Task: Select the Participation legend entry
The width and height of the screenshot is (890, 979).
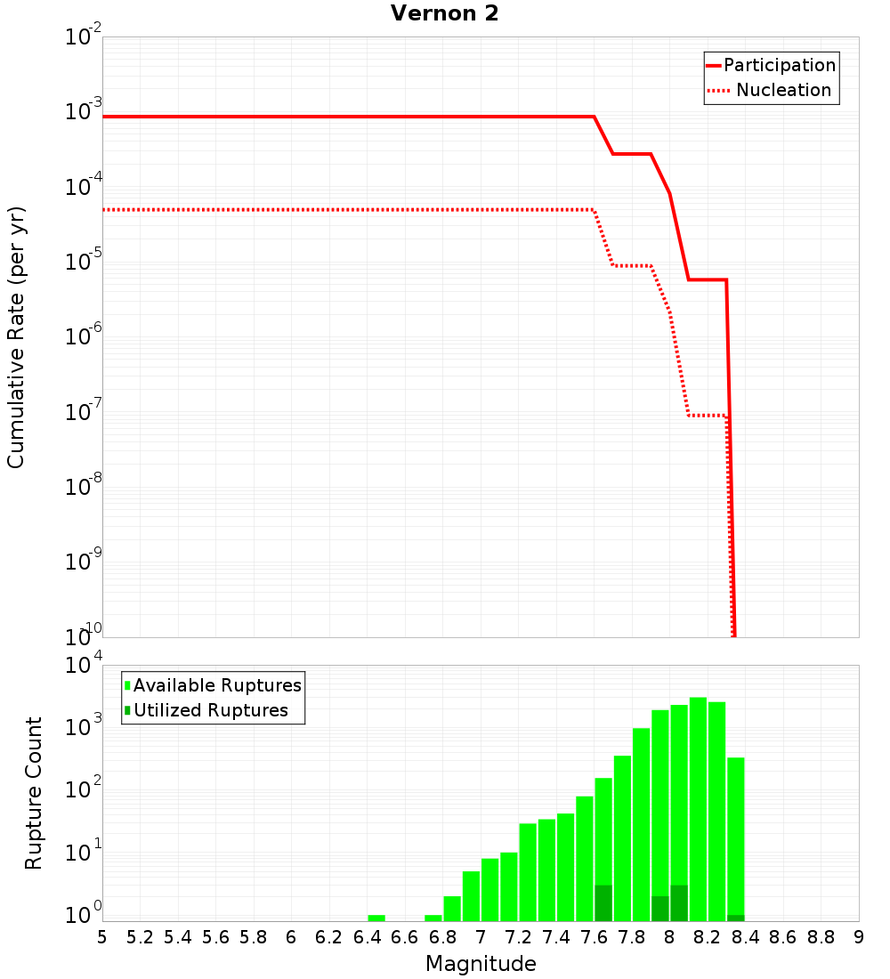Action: click(x=771, y=65)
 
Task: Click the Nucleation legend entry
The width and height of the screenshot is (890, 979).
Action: click(x=771, y=91)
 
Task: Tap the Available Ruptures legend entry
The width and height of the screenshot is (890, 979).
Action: click(x=214, y=685)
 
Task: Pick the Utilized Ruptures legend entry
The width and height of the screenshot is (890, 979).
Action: click(x=206, y=710)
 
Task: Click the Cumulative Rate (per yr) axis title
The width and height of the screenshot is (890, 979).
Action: click(x=16, y=336)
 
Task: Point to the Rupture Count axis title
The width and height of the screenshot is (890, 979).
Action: click(x=34, y=793)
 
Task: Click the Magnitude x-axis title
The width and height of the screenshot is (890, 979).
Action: click(x=481, y=964)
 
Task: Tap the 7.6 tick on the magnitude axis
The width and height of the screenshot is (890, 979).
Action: click(x=594, y=937)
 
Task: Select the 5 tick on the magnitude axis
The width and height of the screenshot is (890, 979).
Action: click(x=102, y=937)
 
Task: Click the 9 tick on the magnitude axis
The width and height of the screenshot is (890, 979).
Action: click(x=859, y=937)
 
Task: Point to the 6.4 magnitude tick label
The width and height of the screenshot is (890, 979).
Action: click(x=367, y=937)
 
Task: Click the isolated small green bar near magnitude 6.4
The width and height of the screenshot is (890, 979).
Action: click(x=376, y=918)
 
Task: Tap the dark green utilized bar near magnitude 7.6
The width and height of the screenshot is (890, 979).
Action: click(x=603, y=903)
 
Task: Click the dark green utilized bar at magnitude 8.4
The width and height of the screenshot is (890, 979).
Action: click(x=735, y=918)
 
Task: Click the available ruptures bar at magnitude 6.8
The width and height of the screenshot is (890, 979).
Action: click(x=452, y=909)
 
